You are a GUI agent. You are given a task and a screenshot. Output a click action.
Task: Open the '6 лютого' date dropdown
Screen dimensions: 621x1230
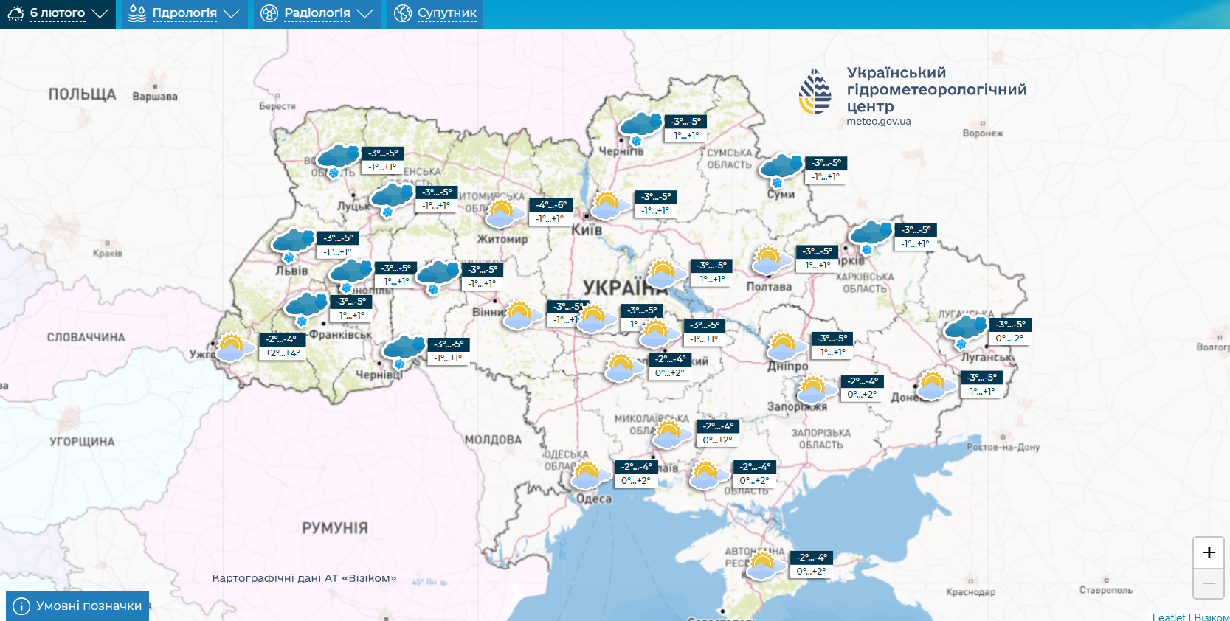tap(58, 13)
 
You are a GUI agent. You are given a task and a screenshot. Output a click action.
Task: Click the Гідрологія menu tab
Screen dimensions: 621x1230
tap(184, 13)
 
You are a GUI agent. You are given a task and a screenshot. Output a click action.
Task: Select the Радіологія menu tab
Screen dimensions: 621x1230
tap(317, 13)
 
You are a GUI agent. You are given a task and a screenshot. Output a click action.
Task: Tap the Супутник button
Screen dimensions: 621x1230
tap(435, 13)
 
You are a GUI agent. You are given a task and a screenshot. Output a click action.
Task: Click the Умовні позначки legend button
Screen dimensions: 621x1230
tap(77, 606)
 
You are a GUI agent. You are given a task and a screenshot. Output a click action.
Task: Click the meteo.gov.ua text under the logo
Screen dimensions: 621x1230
tap(878, 122)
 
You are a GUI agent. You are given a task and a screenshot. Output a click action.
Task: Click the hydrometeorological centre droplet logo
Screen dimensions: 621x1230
tap(815, 91)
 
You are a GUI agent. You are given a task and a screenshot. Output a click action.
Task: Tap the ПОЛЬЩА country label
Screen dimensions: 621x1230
tap(82, 94)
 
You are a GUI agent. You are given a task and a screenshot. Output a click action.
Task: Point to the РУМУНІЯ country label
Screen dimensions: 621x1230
tap(334, 528)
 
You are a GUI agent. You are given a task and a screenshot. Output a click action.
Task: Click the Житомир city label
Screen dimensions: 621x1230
tap(502, 239)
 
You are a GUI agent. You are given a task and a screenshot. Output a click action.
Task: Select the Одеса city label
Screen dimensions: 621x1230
tap(594, 499)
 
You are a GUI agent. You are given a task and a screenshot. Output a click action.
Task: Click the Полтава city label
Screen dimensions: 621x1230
tap(768, 287)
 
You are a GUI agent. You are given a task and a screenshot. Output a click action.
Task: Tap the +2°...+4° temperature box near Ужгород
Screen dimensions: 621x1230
tap(283, 353)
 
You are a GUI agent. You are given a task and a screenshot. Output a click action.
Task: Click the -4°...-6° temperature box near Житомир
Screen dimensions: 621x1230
tap(551, 205)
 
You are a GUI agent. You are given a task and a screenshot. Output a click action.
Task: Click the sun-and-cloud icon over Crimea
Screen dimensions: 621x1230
tap(763, 566)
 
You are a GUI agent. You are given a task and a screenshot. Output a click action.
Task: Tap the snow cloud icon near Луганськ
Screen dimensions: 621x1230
tap(964, 330)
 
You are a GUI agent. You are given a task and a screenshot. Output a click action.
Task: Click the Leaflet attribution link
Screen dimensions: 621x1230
tap(1169, 617)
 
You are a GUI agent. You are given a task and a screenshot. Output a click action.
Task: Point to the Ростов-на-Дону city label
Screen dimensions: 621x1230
tap(1003, 448)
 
